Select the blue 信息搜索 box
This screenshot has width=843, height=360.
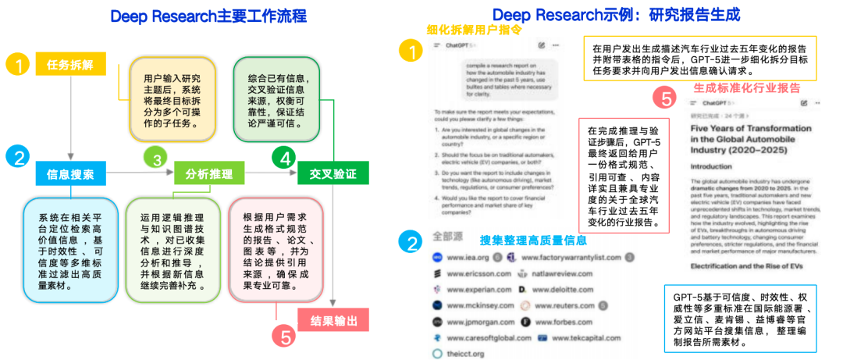70,173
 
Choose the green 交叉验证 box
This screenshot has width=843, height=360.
333,173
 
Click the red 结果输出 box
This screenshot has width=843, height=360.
333,320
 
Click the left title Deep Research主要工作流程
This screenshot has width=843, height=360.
208,16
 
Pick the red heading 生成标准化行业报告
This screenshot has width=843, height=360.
747,87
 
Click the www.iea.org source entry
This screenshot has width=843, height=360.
468,257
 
